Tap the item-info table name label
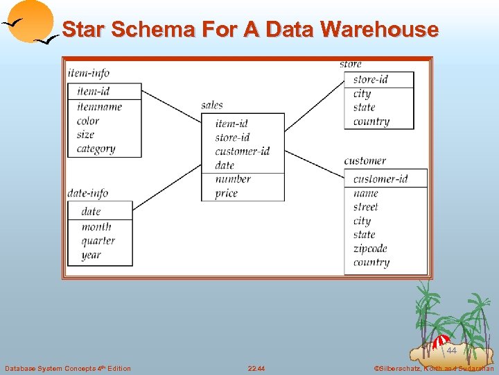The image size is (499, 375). pos(89,73)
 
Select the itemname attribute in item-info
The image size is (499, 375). pos(99,106)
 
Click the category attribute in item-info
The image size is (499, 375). pos(96,149)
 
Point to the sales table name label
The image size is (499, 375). pos(212,105)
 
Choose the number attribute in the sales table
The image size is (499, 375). pos(233,179)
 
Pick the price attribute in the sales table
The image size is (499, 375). pos(226,193)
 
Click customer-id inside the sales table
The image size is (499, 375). pos(242,151)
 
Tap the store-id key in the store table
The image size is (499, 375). pos(370,79)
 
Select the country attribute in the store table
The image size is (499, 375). pos(371,122)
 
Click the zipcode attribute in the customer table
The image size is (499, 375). pos(370,249)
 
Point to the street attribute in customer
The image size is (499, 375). pos(365,207)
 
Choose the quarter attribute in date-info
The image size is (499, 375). pos(98,241)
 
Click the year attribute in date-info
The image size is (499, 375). pos(91,255)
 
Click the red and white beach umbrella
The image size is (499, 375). pos(440,341)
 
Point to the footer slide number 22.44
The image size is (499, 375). pos(256,368)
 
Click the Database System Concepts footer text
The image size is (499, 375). pos(68,368)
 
